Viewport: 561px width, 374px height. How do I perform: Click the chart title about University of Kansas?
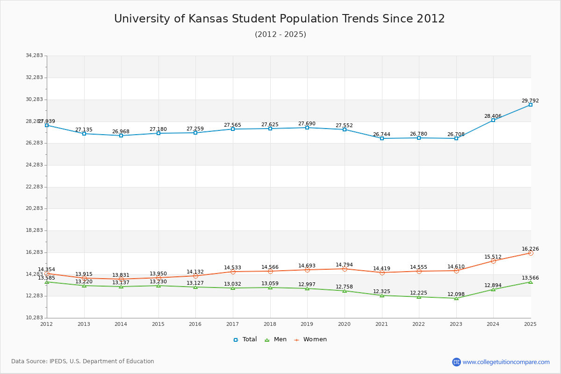280,19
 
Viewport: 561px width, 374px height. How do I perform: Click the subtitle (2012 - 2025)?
280,35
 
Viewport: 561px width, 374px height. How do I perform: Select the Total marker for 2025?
531,105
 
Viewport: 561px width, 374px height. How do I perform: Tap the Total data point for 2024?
493,120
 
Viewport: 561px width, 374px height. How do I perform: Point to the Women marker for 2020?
345,269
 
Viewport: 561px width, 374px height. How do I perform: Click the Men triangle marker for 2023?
456,298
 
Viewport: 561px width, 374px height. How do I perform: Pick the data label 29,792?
530,101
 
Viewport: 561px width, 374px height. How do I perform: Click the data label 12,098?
456,294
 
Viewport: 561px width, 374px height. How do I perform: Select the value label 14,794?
344,265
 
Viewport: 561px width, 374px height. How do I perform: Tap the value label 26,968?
121,131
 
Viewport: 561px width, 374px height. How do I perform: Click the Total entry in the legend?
245,339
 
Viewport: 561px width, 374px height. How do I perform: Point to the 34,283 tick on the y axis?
34,56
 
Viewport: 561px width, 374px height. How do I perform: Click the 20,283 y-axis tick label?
34,209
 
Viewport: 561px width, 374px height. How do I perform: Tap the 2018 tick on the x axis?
270,324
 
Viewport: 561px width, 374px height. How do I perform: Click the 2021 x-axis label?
382,324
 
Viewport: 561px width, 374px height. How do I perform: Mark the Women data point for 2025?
531,253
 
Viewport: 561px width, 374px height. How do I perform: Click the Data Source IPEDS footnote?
83,361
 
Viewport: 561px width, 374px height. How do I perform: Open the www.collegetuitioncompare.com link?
506,362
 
